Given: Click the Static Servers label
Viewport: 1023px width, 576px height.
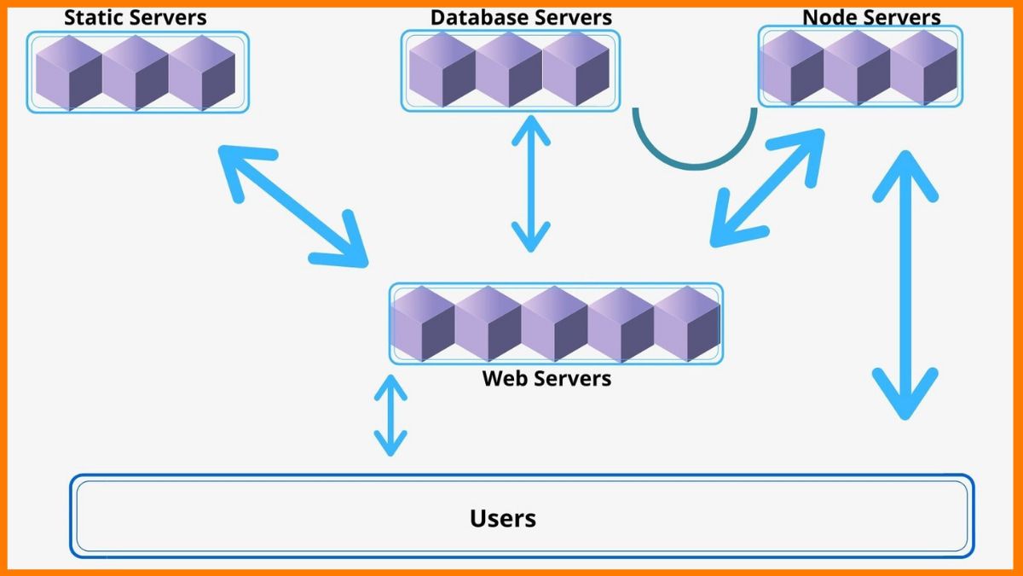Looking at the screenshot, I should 135,17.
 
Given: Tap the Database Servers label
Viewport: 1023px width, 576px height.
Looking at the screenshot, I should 521,17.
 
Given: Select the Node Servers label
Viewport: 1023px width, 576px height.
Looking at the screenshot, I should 871,17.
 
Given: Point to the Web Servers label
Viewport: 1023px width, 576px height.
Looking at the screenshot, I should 546,377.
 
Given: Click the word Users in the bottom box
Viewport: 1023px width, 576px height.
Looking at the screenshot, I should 503,517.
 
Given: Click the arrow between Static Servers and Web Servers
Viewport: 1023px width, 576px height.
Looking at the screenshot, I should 292,205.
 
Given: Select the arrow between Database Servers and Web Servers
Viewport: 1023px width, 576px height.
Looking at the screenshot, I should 530,183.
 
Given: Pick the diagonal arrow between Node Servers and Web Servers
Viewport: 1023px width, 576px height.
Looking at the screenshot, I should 768,188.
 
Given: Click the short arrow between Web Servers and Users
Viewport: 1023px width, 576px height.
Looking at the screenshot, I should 390,415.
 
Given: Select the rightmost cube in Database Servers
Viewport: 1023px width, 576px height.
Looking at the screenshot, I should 576,70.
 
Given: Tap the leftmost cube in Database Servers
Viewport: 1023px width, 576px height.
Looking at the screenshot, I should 442,70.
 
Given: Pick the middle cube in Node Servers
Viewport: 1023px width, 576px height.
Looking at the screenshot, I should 858,68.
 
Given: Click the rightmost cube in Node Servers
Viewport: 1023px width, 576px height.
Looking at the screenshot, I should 924,68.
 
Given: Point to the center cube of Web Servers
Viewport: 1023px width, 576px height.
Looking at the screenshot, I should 555,324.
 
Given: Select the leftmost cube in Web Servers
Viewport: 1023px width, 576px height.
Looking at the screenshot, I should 423,324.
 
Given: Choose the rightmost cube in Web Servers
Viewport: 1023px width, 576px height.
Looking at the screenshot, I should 687,324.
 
